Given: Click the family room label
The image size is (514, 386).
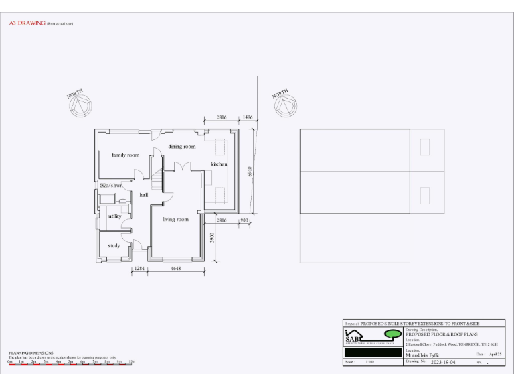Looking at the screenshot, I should (x=125, y=155).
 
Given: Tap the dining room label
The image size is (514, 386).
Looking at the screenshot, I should (x=181, y=146).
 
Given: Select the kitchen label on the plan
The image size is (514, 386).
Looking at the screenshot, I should (x=219, y=164).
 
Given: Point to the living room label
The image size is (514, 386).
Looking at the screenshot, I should (x=176, y=219).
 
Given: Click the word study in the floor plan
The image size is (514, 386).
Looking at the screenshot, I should (x=114, y=245).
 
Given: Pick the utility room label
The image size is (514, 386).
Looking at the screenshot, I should (x=114, y=216).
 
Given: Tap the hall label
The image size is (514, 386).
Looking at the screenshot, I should (x=143, y=195).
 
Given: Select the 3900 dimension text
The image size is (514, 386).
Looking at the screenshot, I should (x=212, y=237).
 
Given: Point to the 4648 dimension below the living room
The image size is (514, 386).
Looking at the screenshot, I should (x=176, y=268).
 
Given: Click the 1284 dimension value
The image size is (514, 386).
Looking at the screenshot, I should (x=139, y=268).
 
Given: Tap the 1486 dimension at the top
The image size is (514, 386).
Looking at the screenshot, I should (x=248, y=117).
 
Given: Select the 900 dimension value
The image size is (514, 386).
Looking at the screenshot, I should (x=244, y=220).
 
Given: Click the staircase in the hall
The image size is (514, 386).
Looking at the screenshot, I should (x=157, y=178).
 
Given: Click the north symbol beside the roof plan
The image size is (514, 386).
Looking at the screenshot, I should (x=284, y=105).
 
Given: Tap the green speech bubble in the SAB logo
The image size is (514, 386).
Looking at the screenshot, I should (x=393, y=334).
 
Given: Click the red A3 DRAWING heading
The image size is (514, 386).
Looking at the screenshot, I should (x=27, y=23).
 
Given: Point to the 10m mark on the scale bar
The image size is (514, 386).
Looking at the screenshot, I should (x=132, y=361).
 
